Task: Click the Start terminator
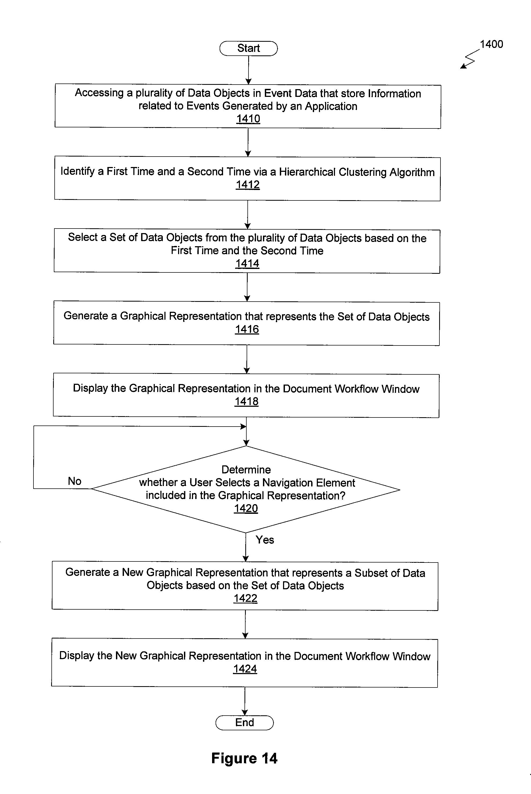pos(248,48)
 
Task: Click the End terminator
pos(244,722)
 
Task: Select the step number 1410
pos(248,119)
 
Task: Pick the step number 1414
pos(247,263)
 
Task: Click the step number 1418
pos(247,401)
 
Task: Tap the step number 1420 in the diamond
pos(246,508)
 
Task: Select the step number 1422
pos(246,598)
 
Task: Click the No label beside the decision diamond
pos(74,481)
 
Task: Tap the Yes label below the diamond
pos(265,540)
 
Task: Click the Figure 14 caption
pos(244,758)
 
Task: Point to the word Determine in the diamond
pos(246,469)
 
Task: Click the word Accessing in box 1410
pos(99,93)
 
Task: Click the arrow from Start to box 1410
pos(248,70)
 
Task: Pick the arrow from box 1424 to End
pos(245,701)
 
